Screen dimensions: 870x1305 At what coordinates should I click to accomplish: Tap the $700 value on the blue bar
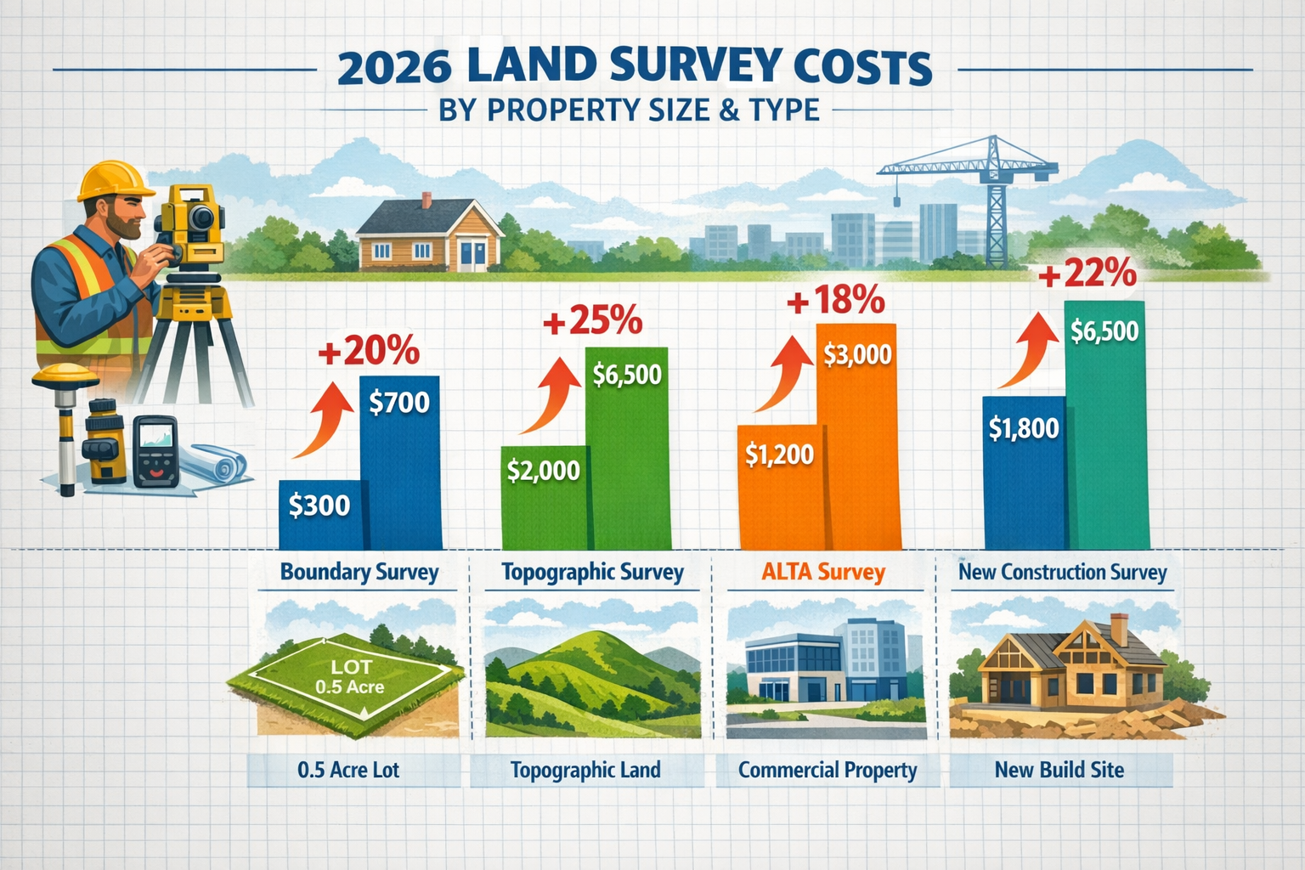pos(399,402)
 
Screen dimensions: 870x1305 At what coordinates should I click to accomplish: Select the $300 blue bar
pos(320,513)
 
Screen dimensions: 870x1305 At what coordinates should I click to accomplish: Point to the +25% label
pos(592,322)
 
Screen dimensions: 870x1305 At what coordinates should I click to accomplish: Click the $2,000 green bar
pos(544,496)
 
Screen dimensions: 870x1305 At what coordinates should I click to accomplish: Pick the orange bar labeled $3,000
pos(858,433)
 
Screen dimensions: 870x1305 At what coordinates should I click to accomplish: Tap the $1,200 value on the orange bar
pos(779,455)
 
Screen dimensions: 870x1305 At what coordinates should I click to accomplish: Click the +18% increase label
pos(836,302)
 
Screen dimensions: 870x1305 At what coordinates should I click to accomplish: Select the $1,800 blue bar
pos(1024,472)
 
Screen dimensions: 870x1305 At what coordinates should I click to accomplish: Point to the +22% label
pos(1087,274)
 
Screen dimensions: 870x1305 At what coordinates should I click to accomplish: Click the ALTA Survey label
pos(823,573)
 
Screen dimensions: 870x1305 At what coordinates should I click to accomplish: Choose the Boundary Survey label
pos(359,573)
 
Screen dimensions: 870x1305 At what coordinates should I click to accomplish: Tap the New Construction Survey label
pos(1062,573)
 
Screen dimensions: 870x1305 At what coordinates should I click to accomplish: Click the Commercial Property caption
pos(828,771)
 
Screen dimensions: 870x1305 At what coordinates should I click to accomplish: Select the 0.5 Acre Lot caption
pos(348,771)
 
